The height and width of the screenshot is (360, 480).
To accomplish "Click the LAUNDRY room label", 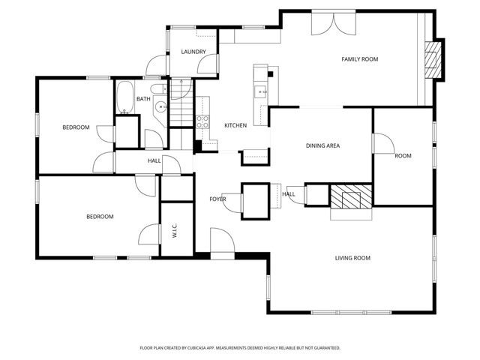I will point(193,52).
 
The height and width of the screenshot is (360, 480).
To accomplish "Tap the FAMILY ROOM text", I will point(359,59).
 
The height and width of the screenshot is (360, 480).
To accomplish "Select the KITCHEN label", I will point(235,125).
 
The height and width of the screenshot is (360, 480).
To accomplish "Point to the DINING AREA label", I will point(322,145).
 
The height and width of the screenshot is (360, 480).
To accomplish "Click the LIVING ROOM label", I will point(352,258).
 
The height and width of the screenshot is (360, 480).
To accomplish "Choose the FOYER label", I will point(217,199).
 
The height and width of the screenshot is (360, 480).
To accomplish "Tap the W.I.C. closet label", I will point(174,232).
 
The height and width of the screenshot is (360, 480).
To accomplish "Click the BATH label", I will point(142,99).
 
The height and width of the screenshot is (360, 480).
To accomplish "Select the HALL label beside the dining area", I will point(289,194).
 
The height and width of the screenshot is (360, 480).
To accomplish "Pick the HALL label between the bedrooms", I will point(154,160).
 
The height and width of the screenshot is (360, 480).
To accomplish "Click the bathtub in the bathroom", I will point(124,97).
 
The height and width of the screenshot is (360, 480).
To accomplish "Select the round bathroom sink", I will point(160,107).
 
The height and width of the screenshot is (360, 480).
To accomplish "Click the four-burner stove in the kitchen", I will point(202,121).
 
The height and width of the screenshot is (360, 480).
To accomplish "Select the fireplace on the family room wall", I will point(433,59).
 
